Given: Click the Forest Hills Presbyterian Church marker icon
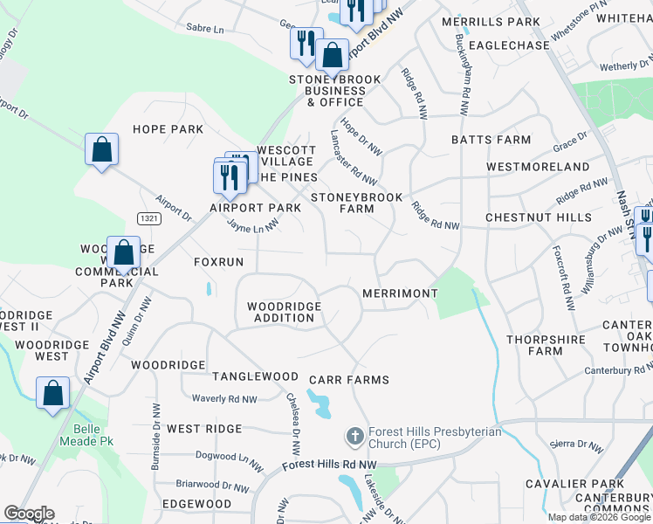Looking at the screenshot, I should [354, 435].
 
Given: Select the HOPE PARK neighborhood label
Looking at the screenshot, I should [168, 129].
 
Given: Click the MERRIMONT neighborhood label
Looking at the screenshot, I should [399, 294].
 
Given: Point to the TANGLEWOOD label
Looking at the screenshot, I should [255, 376].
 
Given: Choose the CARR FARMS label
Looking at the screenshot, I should [348, 380].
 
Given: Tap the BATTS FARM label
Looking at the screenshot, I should [491, 140].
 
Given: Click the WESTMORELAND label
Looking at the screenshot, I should [538, 167].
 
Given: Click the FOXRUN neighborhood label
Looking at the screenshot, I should [218, 262].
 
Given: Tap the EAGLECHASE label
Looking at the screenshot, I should [509, 45].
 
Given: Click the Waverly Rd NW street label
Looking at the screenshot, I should [224, 399].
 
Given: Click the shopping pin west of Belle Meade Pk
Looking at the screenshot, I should [53, 393].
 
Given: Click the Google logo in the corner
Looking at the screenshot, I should [29, 514].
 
